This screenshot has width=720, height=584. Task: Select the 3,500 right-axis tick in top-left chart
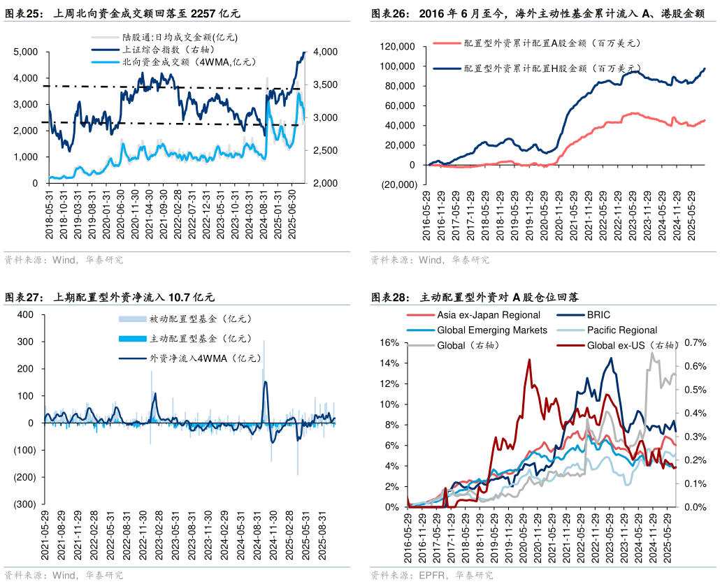coord(325,85)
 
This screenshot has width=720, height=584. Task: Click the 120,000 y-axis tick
coord(396,46)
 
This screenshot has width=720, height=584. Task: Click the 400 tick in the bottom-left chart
coord(26,314)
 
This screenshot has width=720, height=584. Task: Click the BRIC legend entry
coord(598,315)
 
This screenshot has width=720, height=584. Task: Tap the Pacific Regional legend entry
coord(622,330)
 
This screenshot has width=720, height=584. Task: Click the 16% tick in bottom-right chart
coord(389,343)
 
